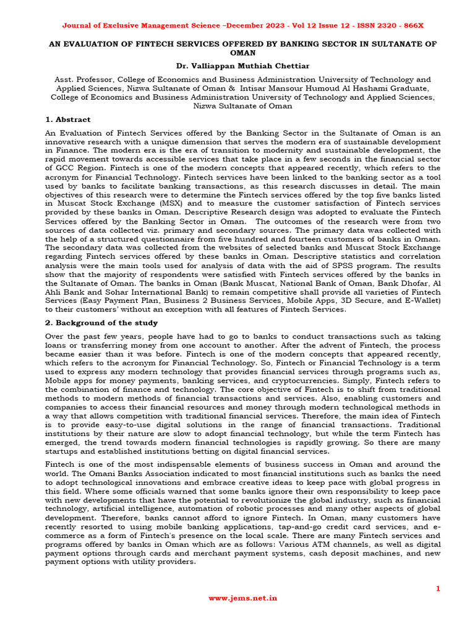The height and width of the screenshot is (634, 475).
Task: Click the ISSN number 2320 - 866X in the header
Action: tap(395, 25)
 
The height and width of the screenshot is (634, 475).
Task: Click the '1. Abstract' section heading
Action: tap(68, 119)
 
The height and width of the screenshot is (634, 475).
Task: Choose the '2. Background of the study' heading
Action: tap(101, 323)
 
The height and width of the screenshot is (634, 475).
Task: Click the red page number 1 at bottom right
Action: tap(438, 589)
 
